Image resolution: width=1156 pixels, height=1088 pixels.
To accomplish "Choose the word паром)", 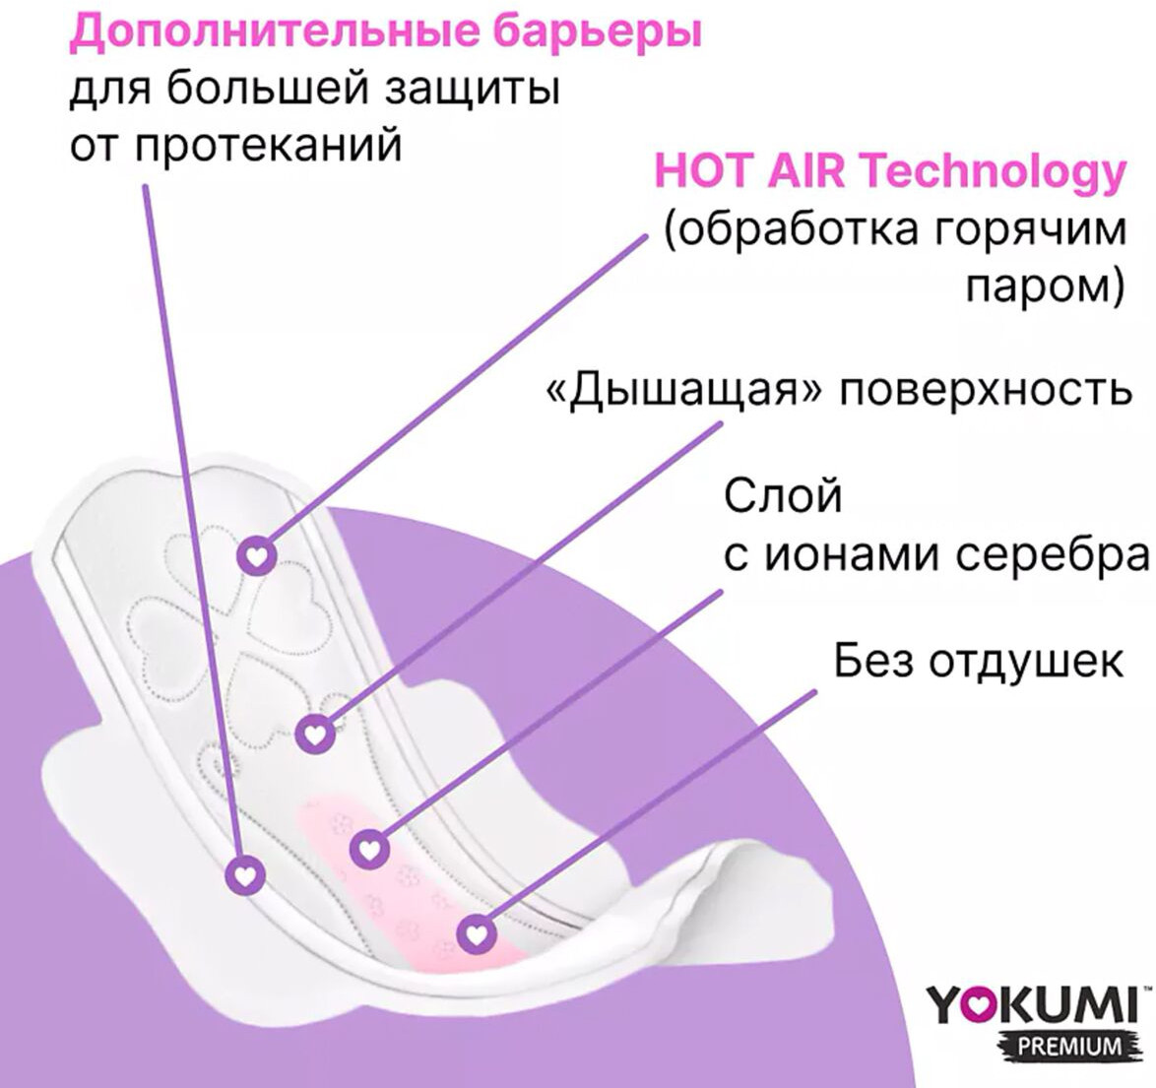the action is click(1045, 288).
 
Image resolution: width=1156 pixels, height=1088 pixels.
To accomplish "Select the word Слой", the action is click(782, 495).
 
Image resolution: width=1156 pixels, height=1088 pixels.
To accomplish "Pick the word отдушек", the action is click(1025, 662).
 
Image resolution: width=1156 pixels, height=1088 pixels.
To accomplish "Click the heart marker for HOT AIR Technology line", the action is click(257, 555).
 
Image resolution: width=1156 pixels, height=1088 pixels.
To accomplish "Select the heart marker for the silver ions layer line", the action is click(369, 850).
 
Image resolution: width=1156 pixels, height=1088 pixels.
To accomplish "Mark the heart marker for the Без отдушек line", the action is click(477, 934).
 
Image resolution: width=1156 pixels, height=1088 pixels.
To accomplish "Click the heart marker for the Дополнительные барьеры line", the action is click(245, 875).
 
